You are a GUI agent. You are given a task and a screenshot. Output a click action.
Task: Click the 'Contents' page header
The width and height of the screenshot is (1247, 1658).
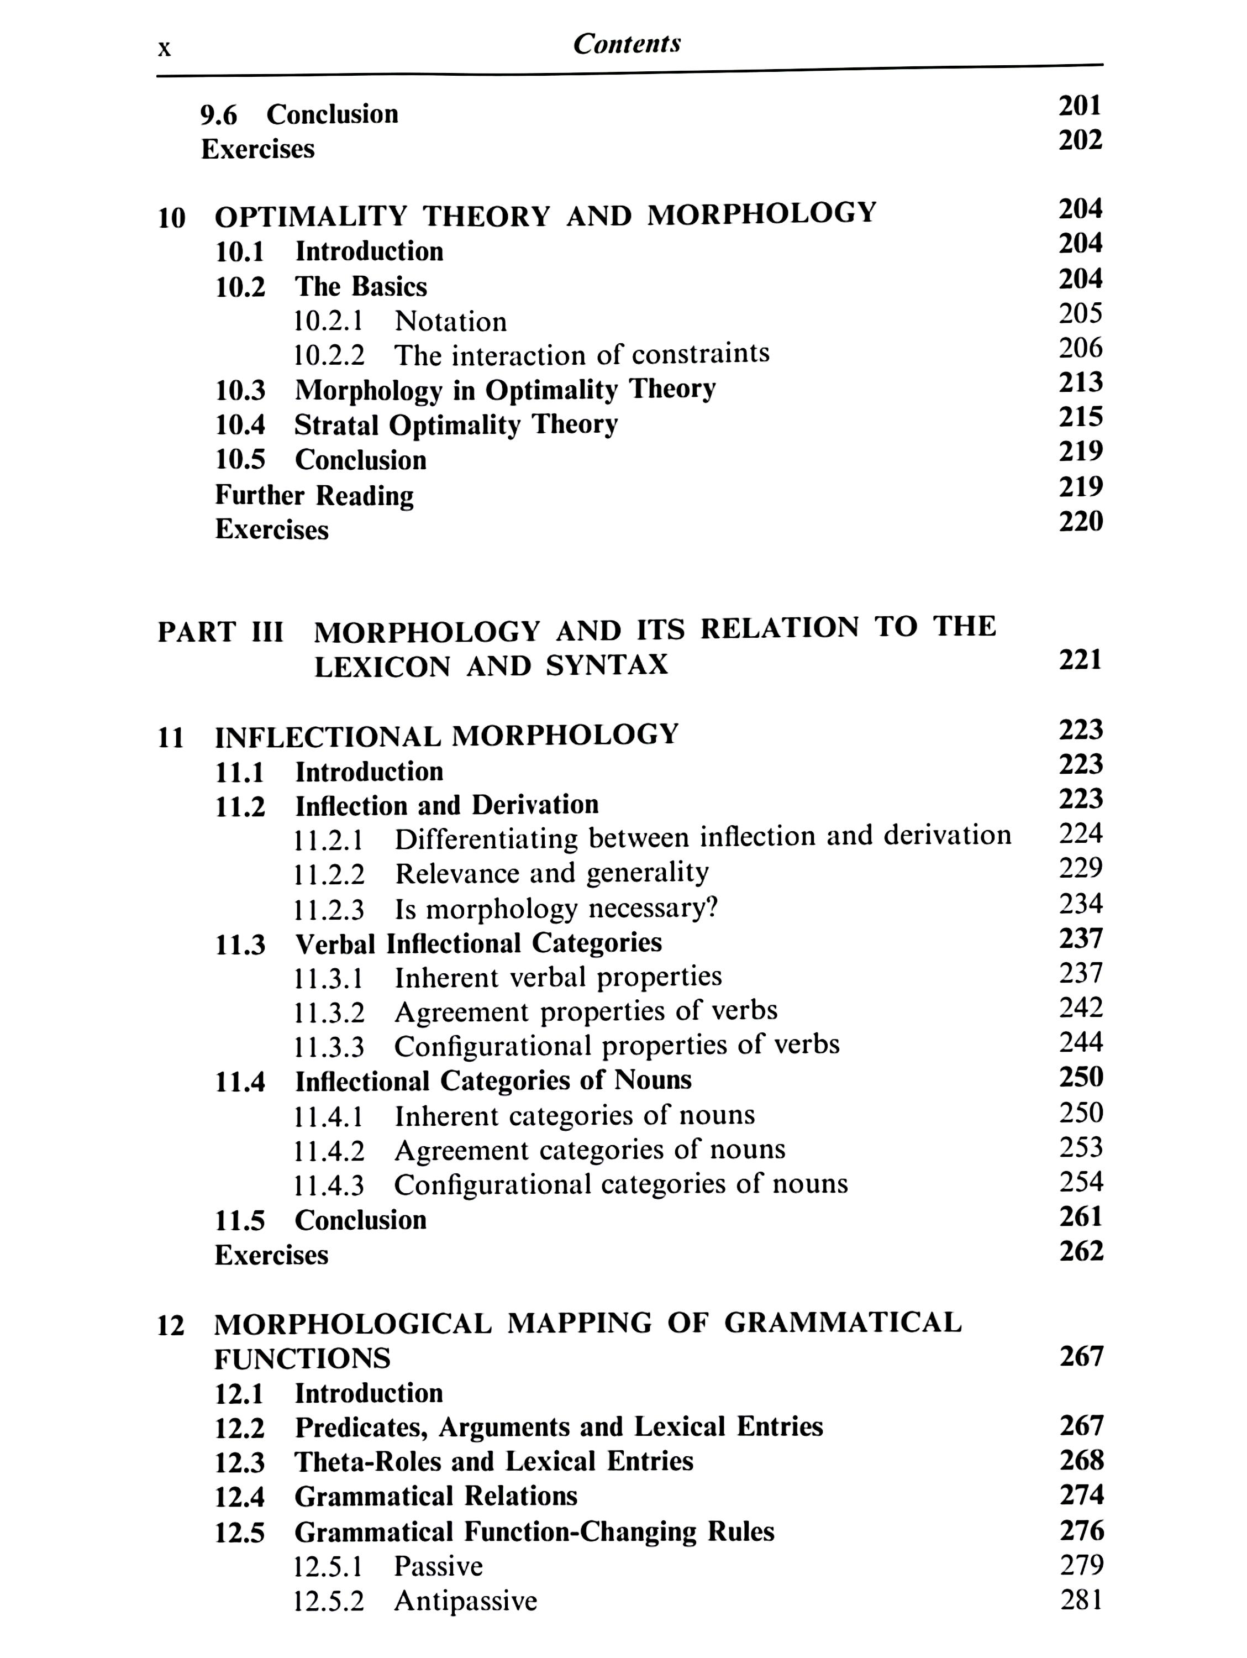627,44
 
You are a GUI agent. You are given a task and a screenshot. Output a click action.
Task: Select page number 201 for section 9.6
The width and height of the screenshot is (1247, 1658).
1080,107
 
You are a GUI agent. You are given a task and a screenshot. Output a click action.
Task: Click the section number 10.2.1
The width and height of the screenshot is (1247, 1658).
328,322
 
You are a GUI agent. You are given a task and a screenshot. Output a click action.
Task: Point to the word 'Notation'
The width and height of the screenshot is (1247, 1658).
450,322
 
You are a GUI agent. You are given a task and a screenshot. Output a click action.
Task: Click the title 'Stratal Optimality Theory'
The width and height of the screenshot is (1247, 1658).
456,425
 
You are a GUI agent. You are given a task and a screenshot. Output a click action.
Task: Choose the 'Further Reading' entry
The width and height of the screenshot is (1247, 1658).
314,495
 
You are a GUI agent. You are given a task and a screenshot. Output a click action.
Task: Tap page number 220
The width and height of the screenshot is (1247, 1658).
1081,521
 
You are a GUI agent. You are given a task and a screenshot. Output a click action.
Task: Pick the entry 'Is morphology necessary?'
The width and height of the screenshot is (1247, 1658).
556,909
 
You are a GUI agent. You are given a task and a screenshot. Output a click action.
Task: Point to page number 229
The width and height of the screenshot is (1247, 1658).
1081,868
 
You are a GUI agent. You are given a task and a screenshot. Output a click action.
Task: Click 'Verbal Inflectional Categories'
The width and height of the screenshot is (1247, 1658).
478,943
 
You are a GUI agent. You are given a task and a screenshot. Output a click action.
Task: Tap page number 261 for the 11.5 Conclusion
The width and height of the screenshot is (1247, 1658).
1081,1216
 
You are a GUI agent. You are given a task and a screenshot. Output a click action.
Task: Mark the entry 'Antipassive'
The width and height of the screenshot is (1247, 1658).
465,1601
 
